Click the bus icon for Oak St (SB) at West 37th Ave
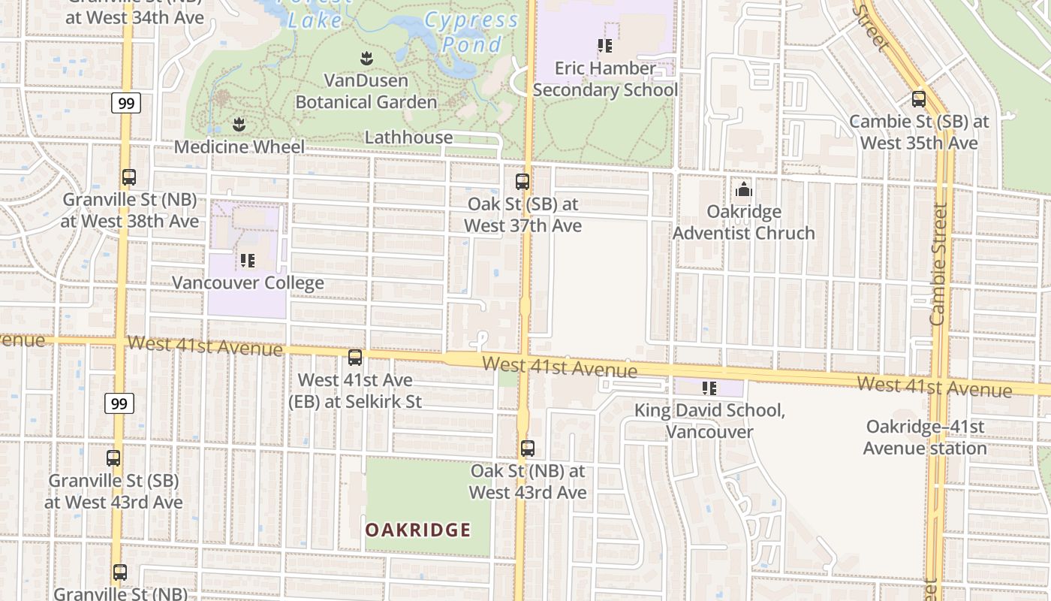coord(522,182)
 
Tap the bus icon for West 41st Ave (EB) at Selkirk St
coord(355,358)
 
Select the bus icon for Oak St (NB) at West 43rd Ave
coord(528,448)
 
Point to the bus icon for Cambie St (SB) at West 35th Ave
coord(919,98)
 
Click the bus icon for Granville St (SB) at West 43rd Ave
coord(113,458)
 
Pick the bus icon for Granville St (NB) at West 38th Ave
coord(129,177)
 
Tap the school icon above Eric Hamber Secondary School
coord(605,46)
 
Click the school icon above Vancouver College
coord(248,261)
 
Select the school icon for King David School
coord(709,388)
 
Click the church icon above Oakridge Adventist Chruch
coord(744,189)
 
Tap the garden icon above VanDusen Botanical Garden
coord(366,58)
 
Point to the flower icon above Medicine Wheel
coord(239,124)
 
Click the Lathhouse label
coord(408,137)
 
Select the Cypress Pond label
coord(471,32)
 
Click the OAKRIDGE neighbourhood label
coord(418,530)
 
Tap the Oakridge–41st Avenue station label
coord(925,437)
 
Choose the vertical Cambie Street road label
coord(938,264)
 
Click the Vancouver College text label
coord(248,283)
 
